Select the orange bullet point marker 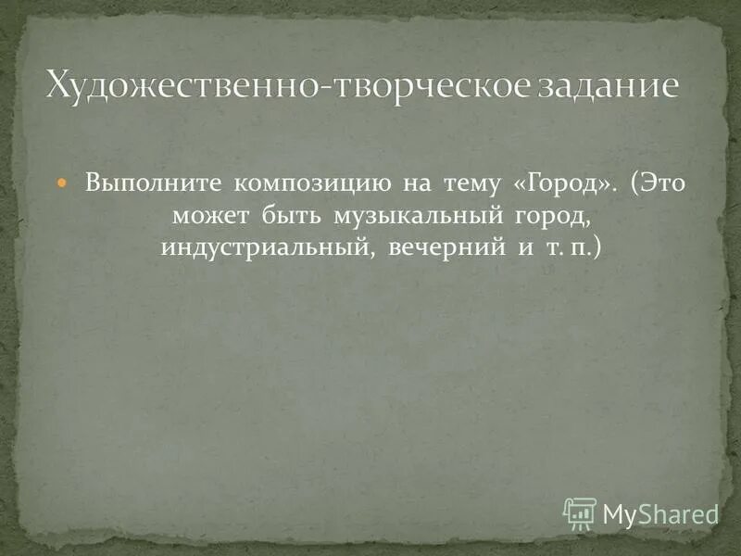[63, 184]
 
